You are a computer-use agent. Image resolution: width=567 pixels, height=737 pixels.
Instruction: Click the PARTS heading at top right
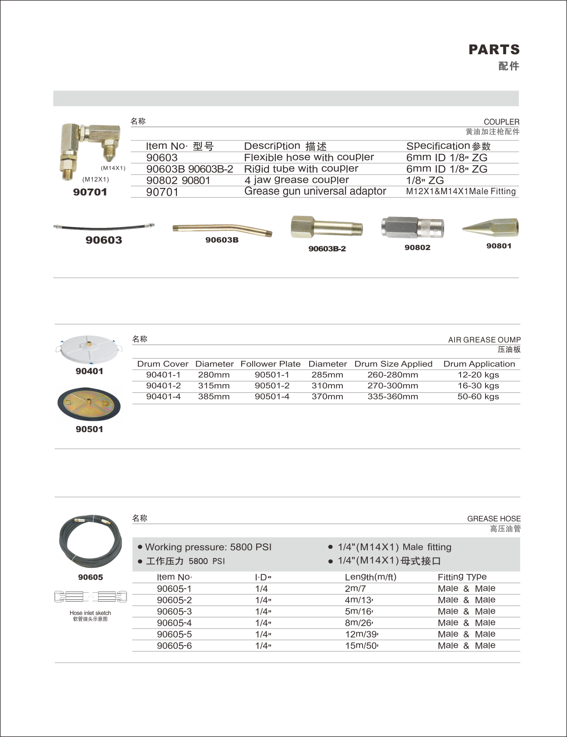tap(494, 49)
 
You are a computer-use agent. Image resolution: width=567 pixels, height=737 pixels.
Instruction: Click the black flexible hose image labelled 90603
tap(104, 226)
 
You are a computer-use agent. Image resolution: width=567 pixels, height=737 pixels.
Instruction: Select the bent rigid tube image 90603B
tap(222, 229)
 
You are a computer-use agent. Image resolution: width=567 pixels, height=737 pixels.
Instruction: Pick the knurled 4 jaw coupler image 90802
tap(412, 227)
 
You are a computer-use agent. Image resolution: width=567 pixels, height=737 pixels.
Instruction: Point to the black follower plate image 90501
tap(89, 404)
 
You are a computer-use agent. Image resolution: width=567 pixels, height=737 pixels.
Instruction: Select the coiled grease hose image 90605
tap(90, 541)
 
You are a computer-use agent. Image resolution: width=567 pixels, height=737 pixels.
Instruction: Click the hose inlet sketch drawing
tap(90, 597)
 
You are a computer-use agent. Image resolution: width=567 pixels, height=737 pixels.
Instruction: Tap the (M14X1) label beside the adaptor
tap(113, 168)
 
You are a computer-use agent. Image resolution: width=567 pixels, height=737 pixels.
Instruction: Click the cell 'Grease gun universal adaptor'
tap(315, 192)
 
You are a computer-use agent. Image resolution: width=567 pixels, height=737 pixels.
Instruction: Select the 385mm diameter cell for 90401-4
tap(214, 397)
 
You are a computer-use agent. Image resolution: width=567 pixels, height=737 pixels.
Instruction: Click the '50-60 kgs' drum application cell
tap(478, 397)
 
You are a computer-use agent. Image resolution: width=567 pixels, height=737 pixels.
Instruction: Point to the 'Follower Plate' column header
tap(270, 364)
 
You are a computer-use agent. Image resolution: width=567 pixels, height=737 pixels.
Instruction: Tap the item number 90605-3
tap(174, 611)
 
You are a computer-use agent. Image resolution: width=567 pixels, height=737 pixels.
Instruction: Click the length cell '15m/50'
tap(361, 646)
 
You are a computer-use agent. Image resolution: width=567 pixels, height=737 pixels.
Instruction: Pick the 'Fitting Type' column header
tap(462, 577)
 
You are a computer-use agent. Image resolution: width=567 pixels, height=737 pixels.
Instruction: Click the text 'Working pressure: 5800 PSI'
tap(208, 547)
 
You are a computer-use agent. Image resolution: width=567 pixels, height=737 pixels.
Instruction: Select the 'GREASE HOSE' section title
tap(493, 519)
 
